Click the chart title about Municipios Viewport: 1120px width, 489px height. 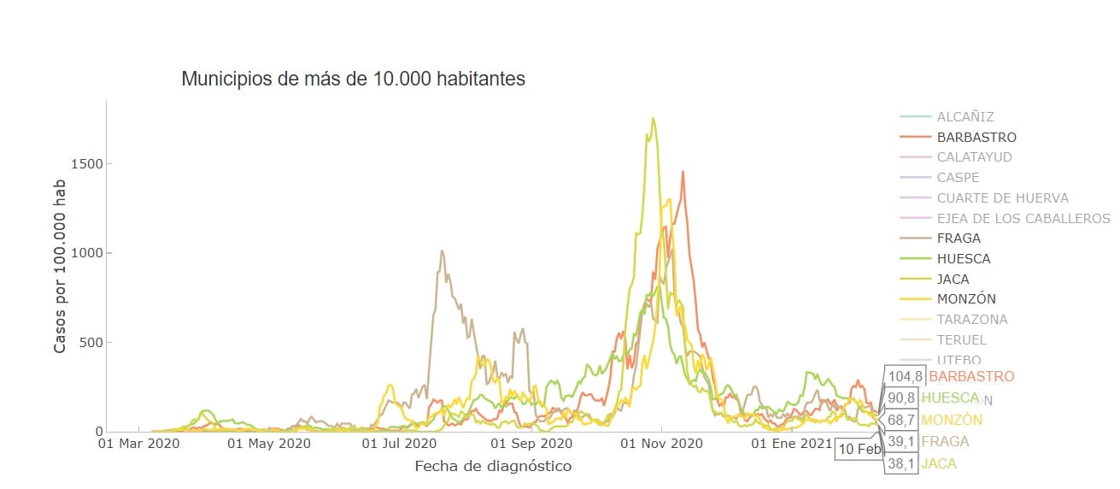353,80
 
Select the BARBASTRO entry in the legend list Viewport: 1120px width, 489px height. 976,137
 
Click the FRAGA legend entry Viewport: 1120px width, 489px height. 959,239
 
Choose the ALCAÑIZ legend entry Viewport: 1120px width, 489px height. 965,117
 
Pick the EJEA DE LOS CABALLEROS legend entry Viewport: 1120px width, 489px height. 1023,218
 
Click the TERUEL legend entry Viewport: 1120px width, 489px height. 961,339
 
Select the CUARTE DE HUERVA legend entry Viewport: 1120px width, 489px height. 1002,197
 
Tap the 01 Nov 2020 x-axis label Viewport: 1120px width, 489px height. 661,444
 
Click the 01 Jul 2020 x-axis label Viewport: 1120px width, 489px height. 401,444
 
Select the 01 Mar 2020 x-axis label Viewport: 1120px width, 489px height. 139,444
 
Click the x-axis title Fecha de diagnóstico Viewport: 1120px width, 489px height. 493,467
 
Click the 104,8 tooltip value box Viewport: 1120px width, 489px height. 906,376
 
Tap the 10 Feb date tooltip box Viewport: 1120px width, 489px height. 858,450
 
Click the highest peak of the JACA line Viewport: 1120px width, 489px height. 653,119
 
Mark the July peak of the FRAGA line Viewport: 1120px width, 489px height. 442,250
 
